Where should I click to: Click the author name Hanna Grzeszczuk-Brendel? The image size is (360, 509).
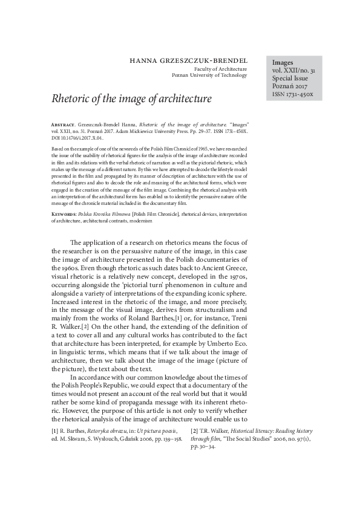189,60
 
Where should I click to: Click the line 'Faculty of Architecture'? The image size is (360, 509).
219,70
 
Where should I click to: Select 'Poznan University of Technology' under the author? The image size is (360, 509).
210,76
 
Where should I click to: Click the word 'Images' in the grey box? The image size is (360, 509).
283,62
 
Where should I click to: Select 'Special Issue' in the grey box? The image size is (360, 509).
290,79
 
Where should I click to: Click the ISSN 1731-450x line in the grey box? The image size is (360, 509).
293,95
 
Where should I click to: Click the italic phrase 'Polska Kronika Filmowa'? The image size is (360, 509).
110,214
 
